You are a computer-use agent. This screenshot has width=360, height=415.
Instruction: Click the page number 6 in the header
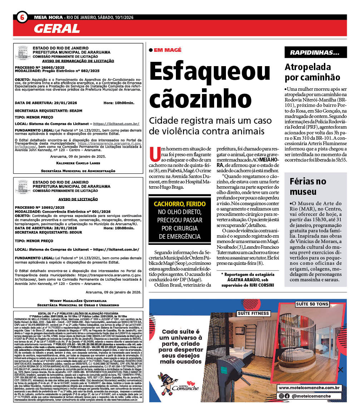22,17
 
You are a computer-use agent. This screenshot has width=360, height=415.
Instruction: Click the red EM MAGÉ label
168,50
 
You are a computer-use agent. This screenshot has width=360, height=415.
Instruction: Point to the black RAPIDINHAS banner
315,53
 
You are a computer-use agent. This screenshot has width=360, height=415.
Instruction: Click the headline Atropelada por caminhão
312,72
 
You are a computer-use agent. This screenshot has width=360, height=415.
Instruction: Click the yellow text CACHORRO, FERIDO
179,204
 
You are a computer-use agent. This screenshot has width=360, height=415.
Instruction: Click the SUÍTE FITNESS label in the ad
253,313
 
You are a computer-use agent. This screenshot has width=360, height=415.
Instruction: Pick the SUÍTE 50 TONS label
312,304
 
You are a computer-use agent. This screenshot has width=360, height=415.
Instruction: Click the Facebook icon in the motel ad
287,396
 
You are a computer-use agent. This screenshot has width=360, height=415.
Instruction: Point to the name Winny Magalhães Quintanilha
78,301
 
